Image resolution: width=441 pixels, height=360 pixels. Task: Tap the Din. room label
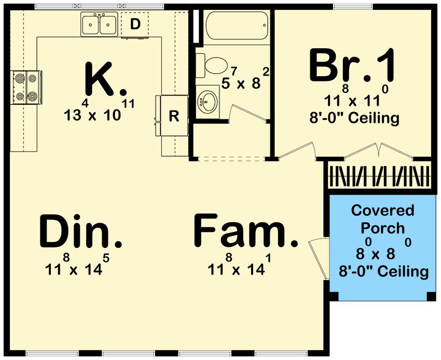click(x=81, y=231)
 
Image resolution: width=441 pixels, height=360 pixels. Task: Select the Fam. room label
click(x=245, y=231)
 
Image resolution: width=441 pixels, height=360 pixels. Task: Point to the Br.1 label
click(x=352, y=65)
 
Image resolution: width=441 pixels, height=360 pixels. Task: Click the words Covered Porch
click(x=383, y=219)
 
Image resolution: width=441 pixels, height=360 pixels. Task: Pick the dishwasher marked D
click(x=135, y=25)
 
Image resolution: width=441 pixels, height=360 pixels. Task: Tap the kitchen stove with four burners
click(x=26, y=87)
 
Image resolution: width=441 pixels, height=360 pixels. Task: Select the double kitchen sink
click(x=99, y=24)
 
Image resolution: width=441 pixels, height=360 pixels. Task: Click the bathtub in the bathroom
click(x=237, y=25)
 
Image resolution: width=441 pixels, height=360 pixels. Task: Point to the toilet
click(x=212, y=65)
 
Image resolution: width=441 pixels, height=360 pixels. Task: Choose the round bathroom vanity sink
click(x=208, y=102)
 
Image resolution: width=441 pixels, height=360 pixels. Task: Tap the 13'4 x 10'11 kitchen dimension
click(x=99, y=111)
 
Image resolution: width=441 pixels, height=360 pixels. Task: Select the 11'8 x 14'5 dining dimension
click(x=77, y=265)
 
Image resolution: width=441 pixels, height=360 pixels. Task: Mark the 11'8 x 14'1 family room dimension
click(x=239, y=265)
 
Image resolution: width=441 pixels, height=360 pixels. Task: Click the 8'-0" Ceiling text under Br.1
click(x=354, y=118)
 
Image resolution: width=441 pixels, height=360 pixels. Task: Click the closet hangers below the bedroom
click(x=380, y=176)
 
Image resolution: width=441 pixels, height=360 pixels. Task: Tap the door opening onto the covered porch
click(x=319, y=258)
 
